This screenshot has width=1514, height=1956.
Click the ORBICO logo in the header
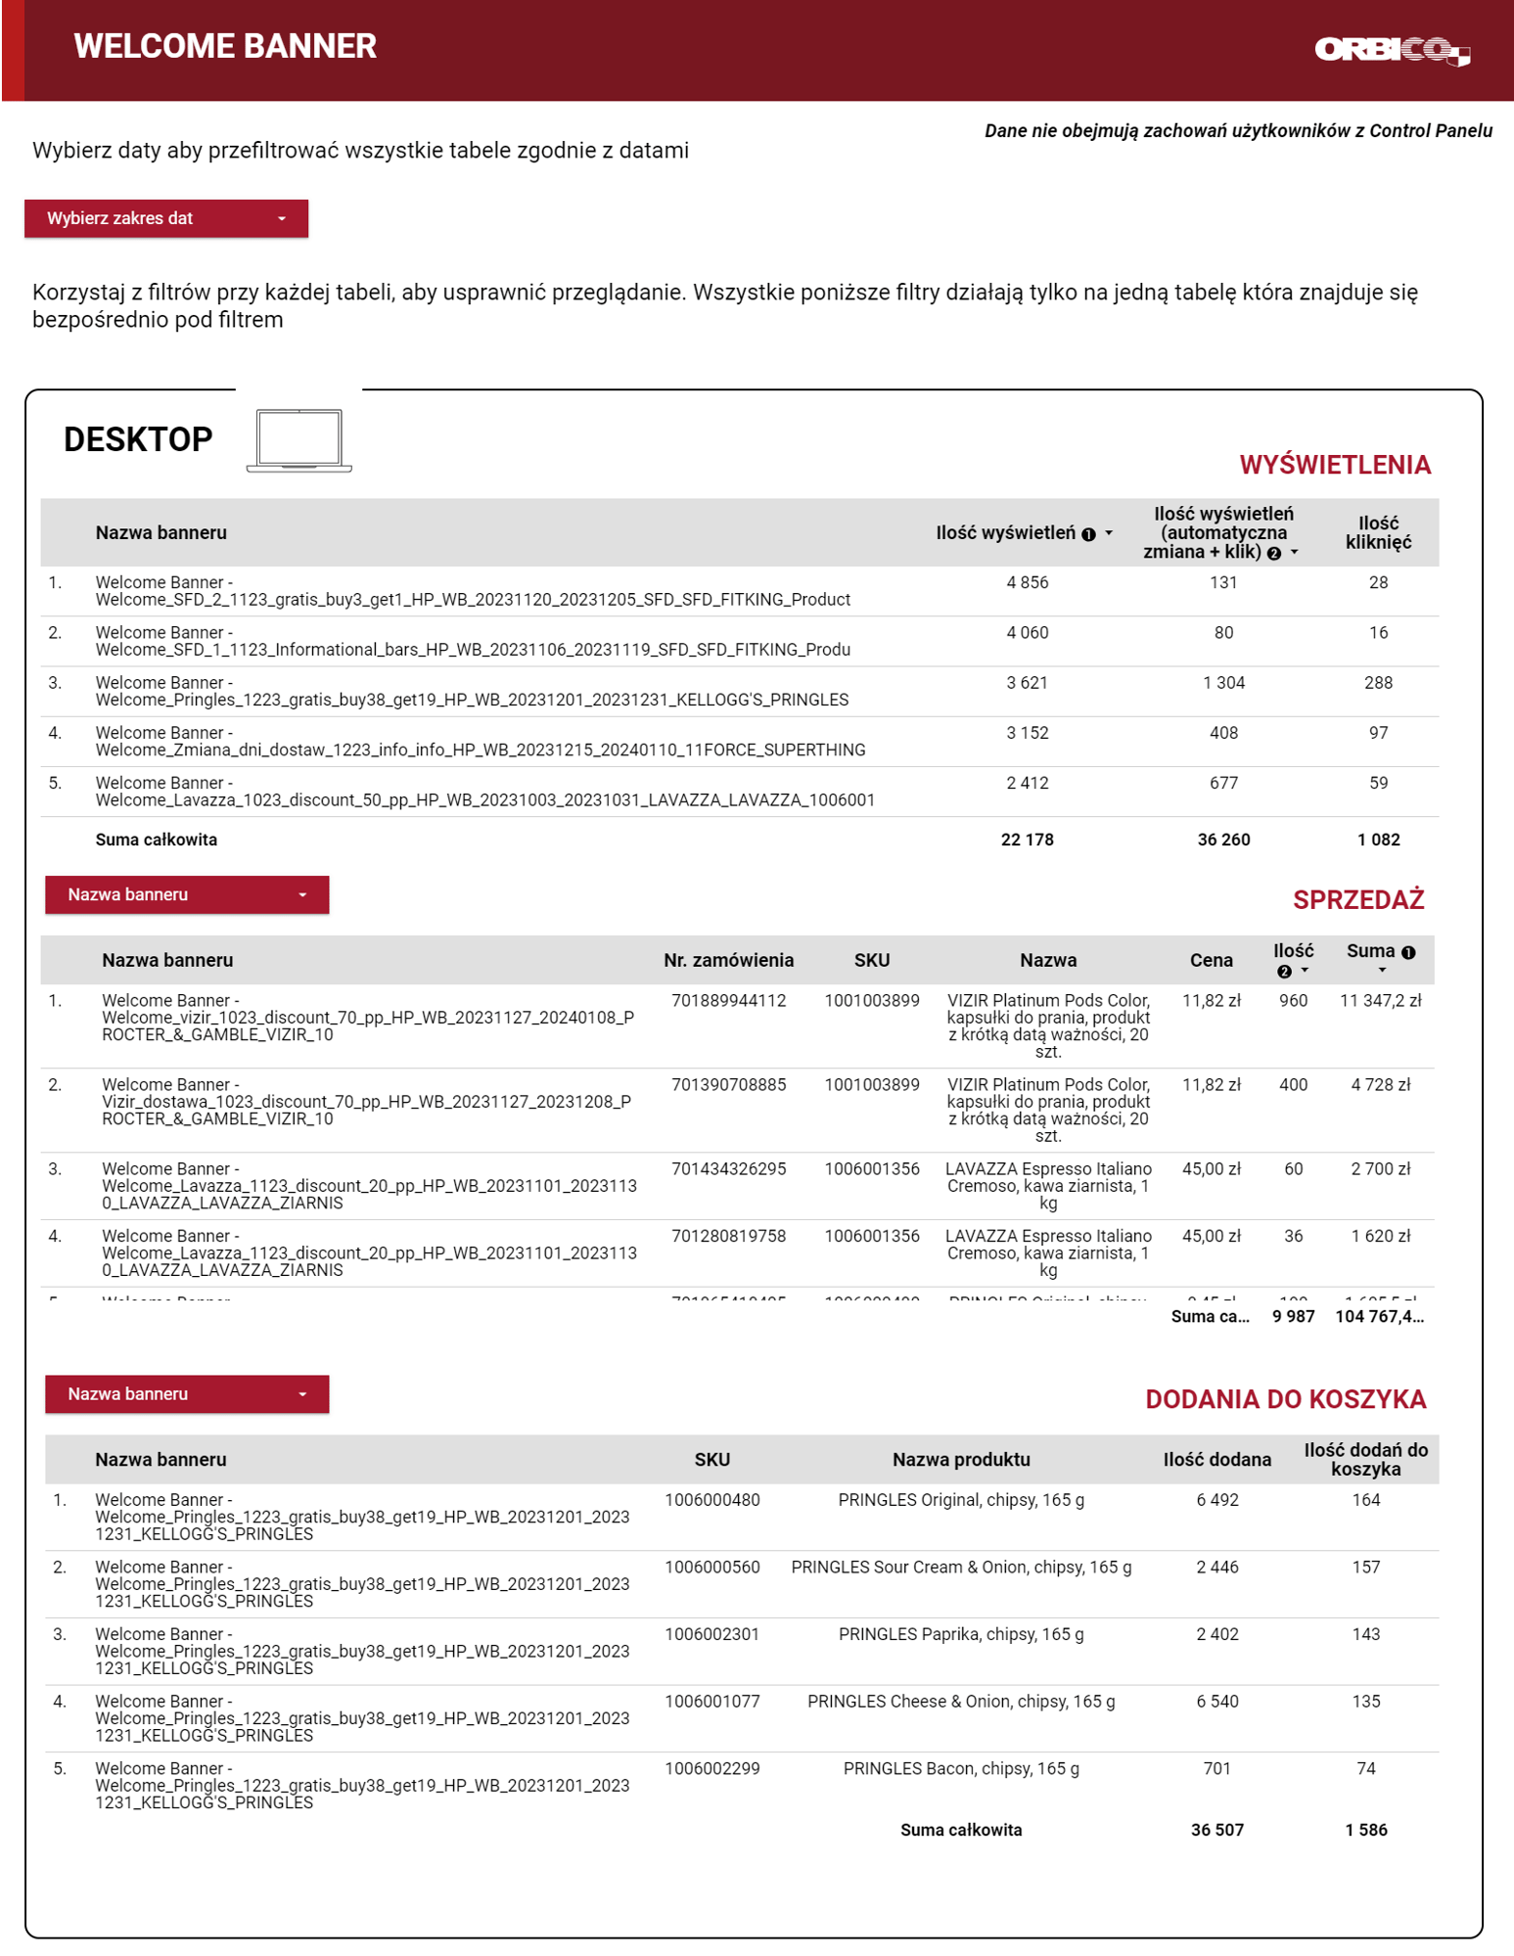[1391, 50]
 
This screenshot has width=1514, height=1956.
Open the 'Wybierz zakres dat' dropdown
[166, 218]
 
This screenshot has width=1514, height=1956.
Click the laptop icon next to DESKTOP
[298, 440]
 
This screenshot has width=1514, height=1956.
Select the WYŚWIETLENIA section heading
[1334, 465]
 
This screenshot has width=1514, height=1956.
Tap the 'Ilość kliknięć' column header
[1377, 533]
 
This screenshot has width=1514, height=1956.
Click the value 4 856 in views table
[1027, 583]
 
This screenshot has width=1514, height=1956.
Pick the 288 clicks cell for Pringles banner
[1377, 683]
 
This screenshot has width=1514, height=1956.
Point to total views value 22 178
[1027, 840]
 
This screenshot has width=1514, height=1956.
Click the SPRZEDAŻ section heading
[1357, 900]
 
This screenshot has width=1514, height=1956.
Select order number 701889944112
[728, 1001]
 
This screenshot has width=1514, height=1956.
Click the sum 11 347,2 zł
[1380, 1001]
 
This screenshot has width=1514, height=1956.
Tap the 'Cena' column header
[1211, 961]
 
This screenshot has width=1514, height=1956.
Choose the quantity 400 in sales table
[1293, 1085]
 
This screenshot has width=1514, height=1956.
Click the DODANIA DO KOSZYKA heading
[1285, 1399]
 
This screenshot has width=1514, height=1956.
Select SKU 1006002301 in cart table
[711, 1635]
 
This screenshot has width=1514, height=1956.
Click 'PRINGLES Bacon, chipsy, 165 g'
[961, 1769]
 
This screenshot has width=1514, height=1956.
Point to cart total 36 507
[1216, 1831]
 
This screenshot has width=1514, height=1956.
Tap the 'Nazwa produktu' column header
[961, 1460]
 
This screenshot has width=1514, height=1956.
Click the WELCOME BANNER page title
[225, 46]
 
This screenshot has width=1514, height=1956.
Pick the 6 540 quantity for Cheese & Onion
[1216, 1703]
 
